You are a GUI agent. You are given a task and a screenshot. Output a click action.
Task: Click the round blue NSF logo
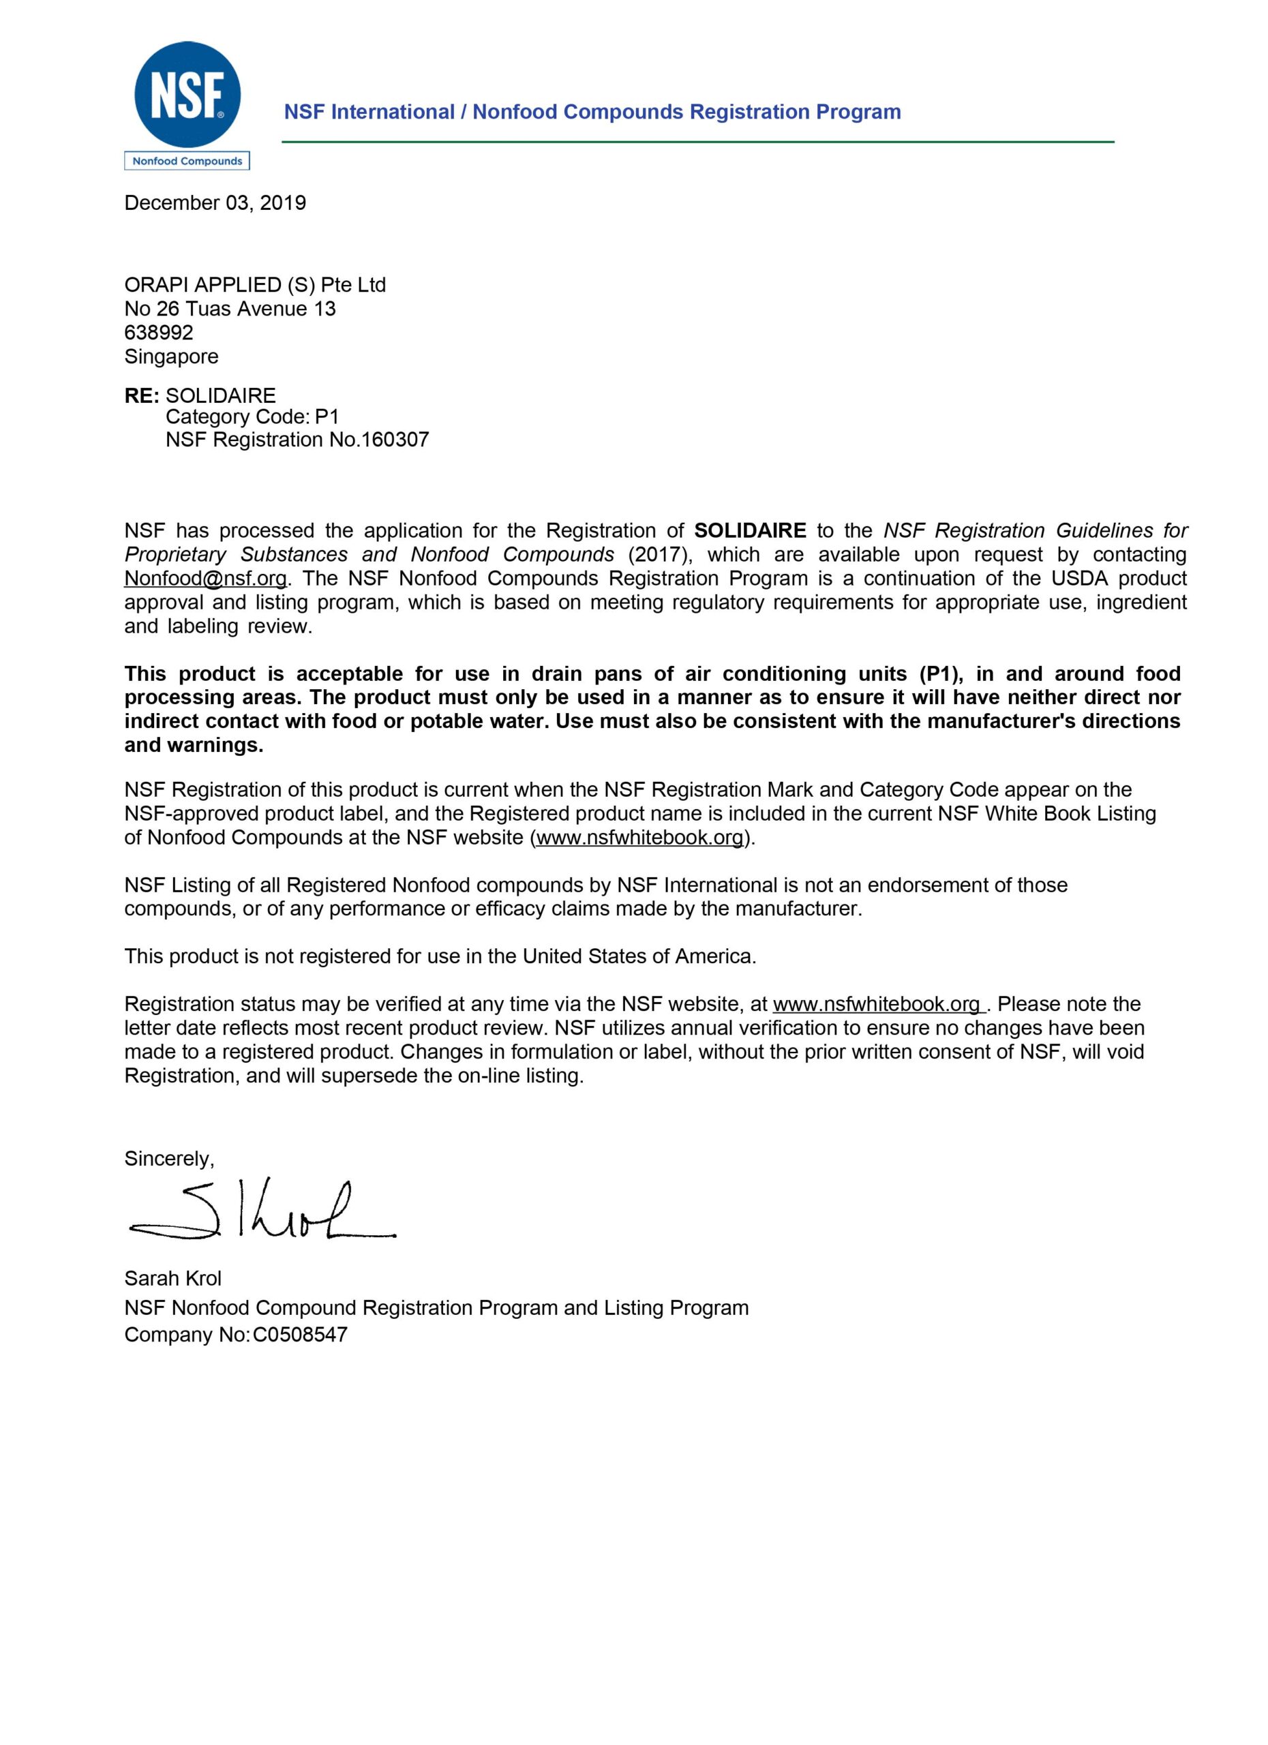(x=187, y=95)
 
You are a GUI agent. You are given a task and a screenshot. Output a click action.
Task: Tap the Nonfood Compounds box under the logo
(x=187, y=161)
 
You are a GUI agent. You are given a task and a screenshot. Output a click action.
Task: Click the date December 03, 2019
(x=215, y=203)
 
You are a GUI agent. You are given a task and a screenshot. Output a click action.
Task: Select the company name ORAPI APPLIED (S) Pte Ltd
(x=255, y=286)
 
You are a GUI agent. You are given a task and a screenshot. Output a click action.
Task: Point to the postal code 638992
(x=158, y=333)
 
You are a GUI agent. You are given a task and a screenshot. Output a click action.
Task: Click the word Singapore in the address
(x=171, y=356)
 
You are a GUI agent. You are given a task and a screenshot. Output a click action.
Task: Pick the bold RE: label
(x=142, y=395)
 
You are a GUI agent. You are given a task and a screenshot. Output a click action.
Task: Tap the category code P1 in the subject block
(x=327, y=417)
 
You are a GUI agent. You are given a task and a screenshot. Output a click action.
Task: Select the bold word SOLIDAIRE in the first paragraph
(x=749, y=531)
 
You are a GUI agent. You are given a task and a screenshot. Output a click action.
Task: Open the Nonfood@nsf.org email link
(x=205, y=579)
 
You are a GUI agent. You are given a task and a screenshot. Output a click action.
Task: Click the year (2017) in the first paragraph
(x=660, y=555)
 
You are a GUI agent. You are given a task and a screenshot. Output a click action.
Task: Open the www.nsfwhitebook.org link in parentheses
(x=640, y=837)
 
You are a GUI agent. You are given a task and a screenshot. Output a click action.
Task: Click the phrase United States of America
(x=638, y=956)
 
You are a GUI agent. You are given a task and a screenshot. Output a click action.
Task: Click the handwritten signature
(x=262, y=1213)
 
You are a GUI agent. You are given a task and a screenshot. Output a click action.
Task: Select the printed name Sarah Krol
(x=172, y=1279)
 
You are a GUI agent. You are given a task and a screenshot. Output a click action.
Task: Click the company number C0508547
(x=300, y=1335)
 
